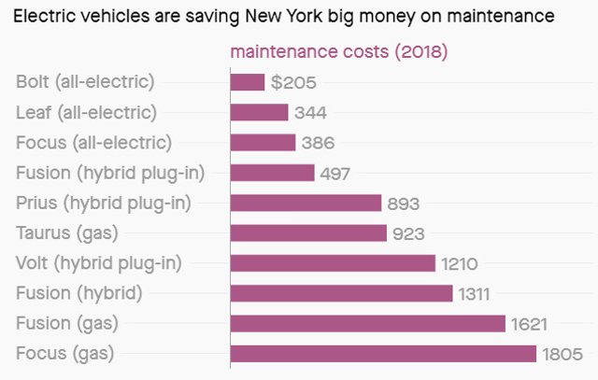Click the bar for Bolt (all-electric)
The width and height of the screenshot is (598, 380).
(x=248, y=82)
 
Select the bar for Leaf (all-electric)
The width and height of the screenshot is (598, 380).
(x=259, y=112)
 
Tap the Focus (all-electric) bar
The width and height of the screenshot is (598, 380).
(x=263, y=143)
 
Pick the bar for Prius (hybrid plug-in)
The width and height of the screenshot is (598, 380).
(x=306, y=203)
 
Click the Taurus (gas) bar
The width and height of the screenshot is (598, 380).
(x=308, y=232)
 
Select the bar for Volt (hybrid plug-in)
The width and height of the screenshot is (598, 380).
(x=333, y=263)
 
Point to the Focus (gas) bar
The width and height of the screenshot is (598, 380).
(x=383, y=354)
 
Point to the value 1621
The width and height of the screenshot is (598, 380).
(x=528, y=324)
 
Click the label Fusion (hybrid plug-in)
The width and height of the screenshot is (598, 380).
(x=110, y=173)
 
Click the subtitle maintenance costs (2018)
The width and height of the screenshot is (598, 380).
(x=338, y=50)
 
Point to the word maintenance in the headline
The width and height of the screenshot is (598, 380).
(x=508, y=16)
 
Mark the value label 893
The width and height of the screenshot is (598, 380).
(x=405, y=203)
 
